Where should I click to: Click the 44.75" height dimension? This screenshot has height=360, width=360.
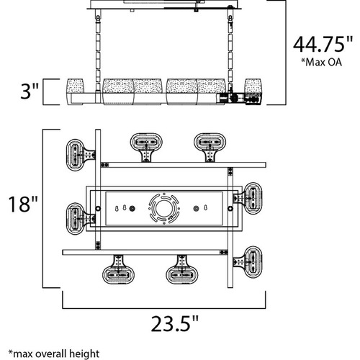click(323, 45)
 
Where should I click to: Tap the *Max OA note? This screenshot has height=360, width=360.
click(321, 62)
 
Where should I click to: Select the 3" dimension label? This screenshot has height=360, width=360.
click(29, 91)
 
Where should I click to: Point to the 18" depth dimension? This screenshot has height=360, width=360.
click(23, 204)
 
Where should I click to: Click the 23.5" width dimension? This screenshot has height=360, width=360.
click(175, 323)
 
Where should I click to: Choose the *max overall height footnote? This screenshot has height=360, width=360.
click(54, 354)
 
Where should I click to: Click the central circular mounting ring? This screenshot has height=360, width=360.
click(164, 209)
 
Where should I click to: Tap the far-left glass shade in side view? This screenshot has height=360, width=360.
click(75, 86)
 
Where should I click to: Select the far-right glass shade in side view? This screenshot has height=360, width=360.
click(253, 86)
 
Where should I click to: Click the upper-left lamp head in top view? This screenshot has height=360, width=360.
click(76, 155)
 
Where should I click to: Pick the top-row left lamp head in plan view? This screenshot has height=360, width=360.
click(146, 145)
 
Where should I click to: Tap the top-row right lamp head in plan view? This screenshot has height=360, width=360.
click(210, 145)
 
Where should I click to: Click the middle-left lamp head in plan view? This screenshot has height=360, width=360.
click(76, 219)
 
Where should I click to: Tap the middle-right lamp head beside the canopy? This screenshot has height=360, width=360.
click(251, 198)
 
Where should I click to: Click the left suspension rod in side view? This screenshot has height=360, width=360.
click(98, 52)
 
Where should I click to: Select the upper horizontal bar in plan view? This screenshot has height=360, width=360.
click(184, 165)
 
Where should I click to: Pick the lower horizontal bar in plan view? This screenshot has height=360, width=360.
click(145, 252)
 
